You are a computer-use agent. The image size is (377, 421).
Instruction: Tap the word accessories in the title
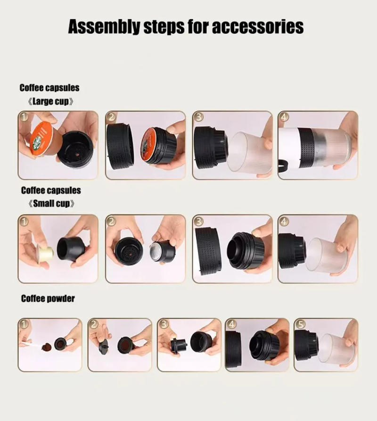click(x=257, y=27)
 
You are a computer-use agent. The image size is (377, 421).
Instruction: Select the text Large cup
click(x=49, y=101)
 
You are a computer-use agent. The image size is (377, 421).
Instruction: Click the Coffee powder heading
click(x=48, y=299)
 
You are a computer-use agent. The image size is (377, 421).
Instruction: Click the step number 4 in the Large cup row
click(x=283, y=116)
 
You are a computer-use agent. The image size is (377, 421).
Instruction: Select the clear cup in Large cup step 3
click(x=252, y=152)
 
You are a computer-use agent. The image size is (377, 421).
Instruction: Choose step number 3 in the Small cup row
click(x=198, y=221)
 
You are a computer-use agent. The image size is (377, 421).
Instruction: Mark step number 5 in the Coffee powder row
click(x=299, y=324)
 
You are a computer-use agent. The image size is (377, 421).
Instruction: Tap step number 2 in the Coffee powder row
click(x=93, y=324)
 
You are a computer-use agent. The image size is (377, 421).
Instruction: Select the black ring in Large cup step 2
click(x=121, y=146)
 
